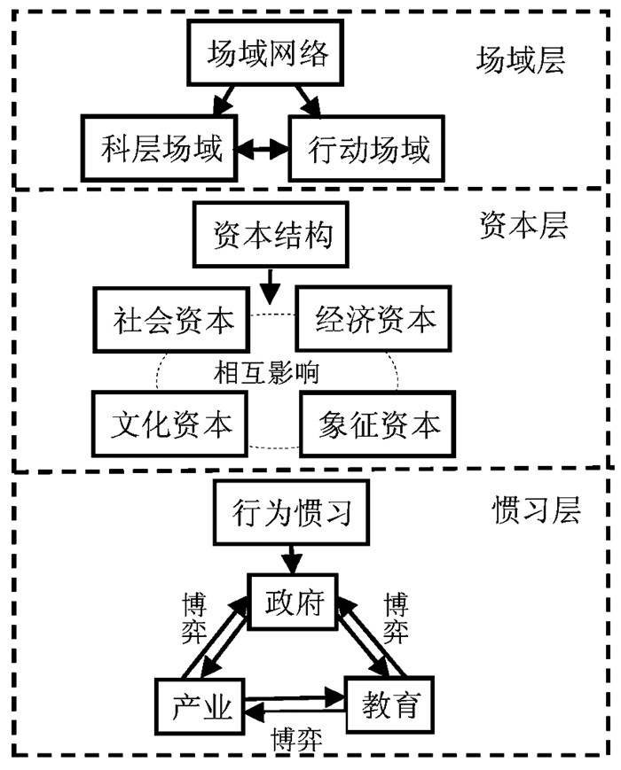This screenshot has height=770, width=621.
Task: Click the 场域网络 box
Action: tap(267, 53)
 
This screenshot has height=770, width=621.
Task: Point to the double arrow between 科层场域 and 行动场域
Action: tap(264, 148)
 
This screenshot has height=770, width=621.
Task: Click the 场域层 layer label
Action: tap(521, 59)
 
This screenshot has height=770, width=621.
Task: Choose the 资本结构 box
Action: tap(273, 237)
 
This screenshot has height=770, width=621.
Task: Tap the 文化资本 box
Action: tap(171, 423)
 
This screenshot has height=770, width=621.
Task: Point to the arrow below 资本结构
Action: tap(271, 284)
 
